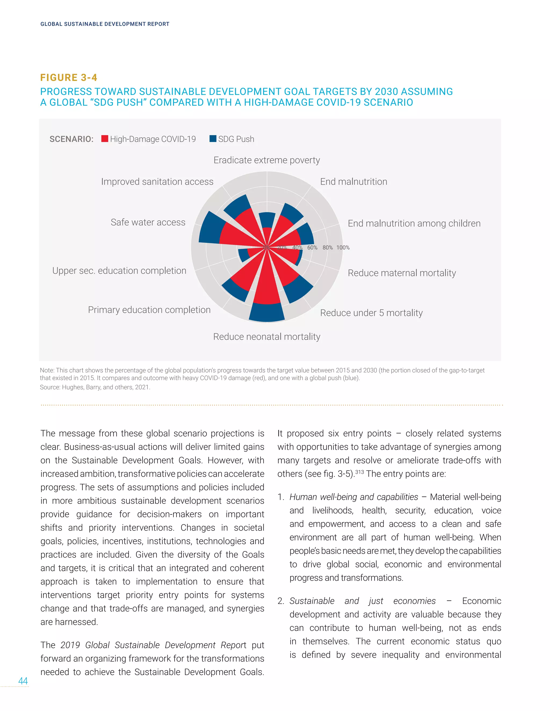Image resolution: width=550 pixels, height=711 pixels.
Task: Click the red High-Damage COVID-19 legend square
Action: (x=104, y=139)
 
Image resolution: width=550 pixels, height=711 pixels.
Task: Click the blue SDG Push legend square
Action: (x=213, y=139)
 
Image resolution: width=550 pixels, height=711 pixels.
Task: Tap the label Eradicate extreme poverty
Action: (x=266, y=160)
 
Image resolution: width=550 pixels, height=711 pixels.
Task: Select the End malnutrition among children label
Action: (x=414, y=223)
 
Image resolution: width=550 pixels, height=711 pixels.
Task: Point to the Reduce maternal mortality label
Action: (x=401, y=273)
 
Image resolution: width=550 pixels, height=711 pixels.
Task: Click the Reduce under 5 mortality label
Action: (x=371, y=313)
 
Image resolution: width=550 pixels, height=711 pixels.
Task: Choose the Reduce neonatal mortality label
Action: (x=266, y=337)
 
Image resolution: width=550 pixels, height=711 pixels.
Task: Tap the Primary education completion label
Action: (x=149, y=310)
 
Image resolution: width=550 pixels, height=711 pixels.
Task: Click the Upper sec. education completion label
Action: (x=119, y=270)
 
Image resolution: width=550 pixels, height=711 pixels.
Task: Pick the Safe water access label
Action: (x=148, y=222)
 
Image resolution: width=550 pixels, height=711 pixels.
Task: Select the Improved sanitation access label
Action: (x=157, y=182)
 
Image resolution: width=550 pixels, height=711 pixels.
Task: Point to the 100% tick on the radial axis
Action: (x=343, y=247)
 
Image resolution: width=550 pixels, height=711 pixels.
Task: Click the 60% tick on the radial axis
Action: (x=312, y=247)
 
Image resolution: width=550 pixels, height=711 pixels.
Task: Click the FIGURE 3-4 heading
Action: (x=69, y=78)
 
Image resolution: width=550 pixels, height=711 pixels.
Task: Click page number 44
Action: (x=23, y=681)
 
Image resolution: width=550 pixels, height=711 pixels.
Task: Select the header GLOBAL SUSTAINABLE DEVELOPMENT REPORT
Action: (x=104, y=24)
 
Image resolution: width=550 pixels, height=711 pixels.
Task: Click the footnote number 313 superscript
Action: (x=359, y=472)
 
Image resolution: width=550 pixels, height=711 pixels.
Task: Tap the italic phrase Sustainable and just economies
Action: (x=362, y=601)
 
